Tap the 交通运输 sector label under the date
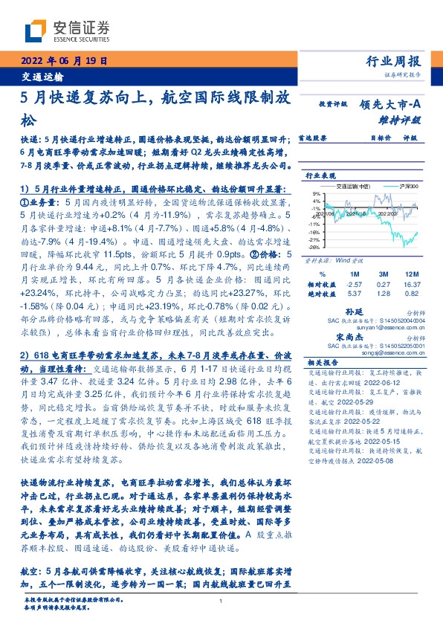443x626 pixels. [39, 77]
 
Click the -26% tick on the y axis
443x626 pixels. [314, 248]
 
